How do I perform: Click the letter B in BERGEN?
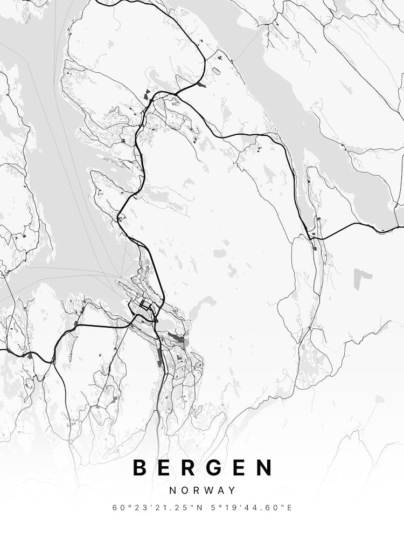point(140,467)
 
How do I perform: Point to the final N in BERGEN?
point(264,467)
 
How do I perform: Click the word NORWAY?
point(202,490)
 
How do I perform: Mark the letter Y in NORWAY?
point(232,490)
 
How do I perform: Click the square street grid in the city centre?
point(145,306)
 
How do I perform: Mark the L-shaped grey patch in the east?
point(363,278)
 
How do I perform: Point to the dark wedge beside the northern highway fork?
point(200,84)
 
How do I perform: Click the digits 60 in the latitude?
point(117,508)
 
